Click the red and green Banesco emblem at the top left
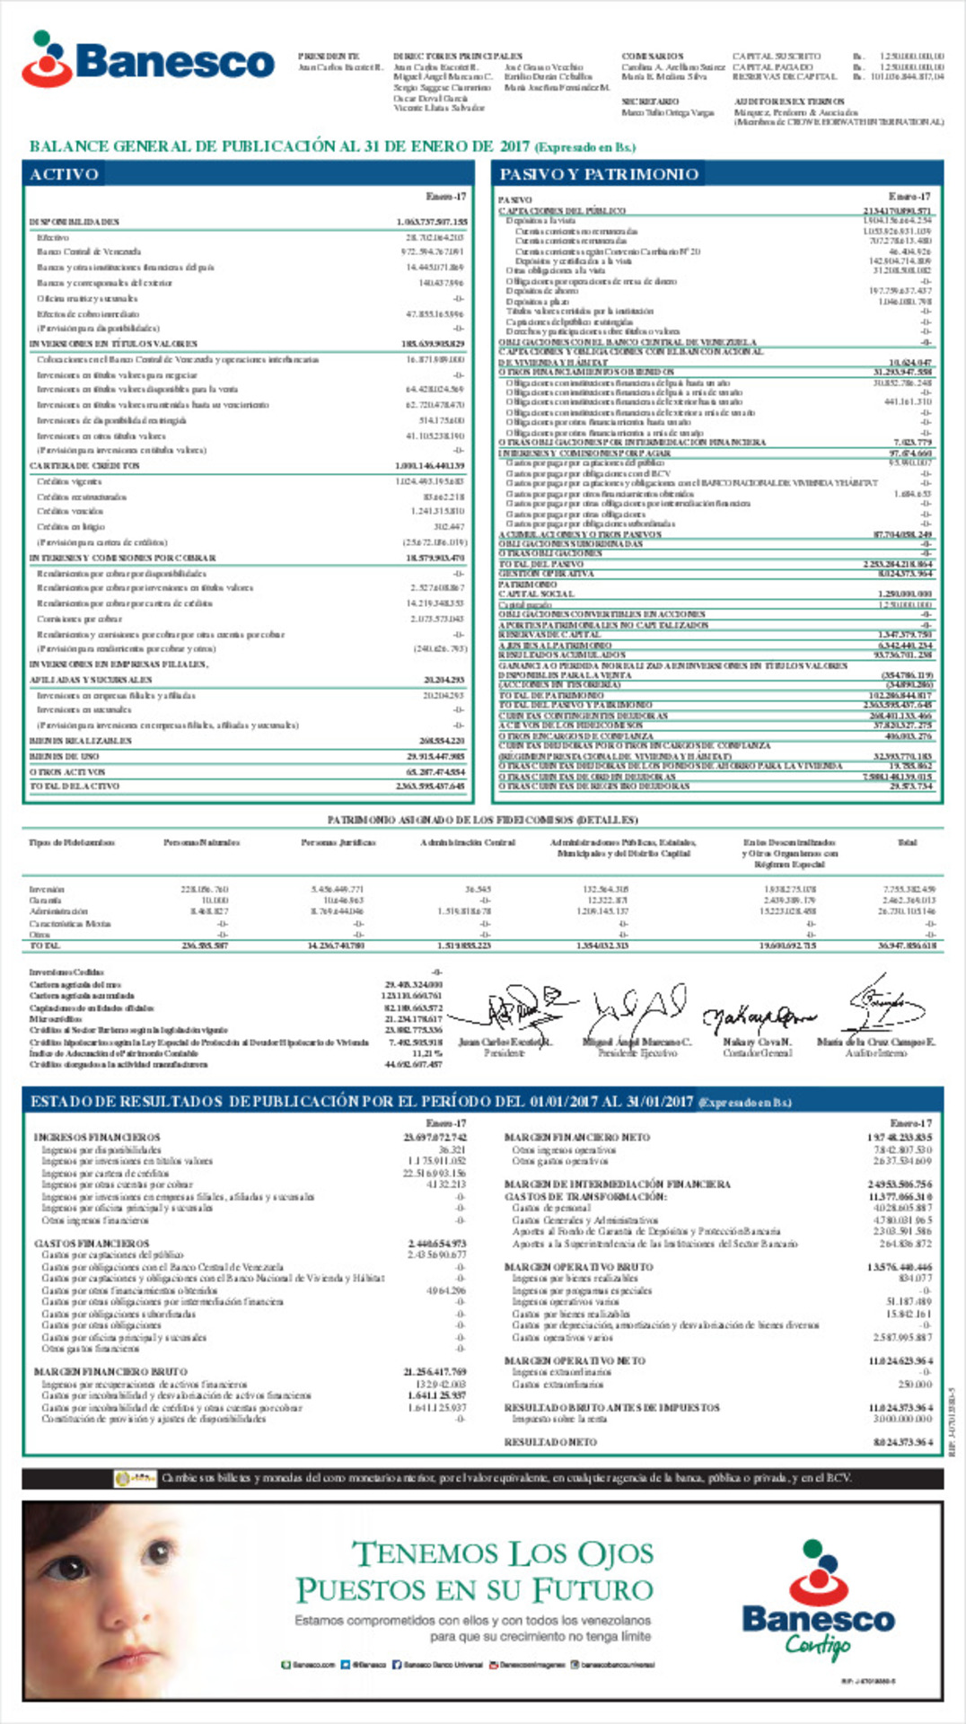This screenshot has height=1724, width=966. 46,59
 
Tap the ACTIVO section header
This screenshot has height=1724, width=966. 64,174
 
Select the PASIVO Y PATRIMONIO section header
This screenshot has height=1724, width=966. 599,174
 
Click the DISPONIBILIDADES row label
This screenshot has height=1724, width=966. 75,222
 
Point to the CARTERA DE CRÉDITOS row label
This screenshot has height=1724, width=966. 84,466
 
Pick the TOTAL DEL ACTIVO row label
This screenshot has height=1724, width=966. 75,786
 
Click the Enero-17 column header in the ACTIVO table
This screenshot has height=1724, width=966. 446,197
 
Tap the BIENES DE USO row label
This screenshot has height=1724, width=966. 65,756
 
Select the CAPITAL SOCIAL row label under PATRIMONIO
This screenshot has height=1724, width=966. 536,594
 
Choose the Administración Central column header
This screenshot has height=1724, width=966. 468,842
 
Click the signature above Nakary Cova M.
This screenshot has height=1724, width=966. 759,1017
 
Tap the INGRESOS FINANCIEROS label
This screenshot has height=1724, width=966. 97,1137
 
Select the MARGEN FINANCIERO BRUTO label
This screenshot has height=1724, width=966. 110,1372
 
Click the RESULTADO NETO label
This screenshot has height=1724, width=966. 550,1442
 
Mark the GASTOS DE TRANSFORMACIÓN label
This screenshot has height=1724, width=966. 584,1196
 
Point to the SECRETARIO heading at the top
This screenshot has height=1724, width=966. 650,101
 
